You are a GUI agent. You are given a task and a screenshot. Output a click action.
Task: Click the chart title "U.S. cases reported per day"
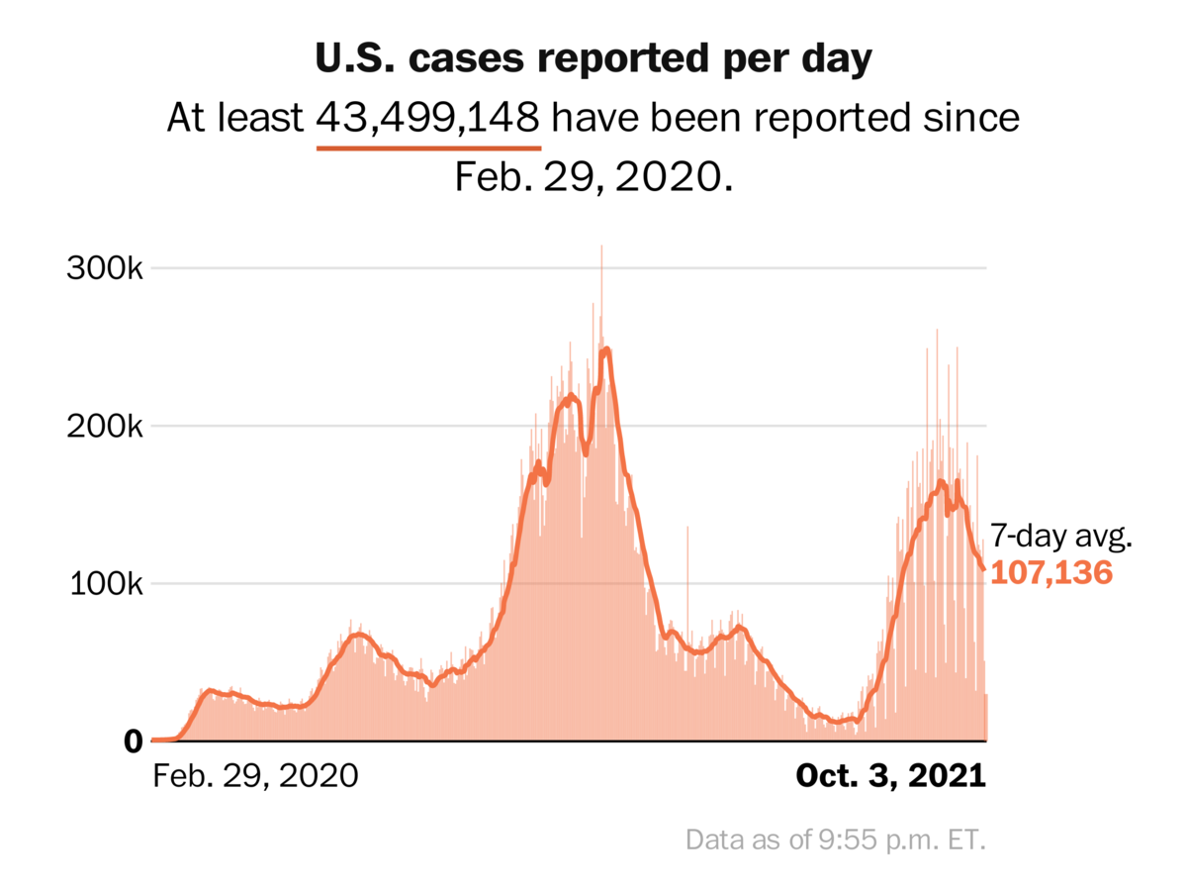[593, 59]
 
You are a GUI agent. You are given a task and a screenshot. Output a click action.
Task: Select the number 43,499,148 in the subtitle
[428, 119]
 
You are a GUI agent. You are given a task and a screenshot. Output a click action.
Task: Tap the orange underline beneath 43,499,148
[428, 148]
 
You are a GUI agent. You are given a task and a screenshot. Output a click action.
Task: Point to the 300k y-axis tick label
[106, 268]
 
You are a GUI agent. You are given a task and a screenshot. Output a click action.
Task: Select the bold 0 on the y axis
[134, 741]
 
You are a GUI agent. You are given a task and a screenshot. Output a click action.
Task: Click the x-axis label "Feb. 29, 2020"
[255, 775]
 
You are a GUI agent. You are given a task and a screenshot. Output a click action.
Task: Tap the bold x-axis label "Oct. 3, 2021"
[891, 775]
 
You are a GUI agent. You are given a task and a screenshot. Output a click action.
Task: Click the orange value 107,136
[1051, 572]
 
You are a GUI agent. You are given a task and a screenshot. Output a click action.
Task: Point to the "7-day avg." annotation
[1060, 538]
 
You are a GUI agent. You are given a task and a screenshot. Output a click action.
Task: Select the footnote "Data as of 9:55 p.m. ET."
[836, 841]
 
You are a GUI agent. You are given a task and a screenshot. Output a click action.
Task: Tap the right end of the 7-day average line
[983, 568]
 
